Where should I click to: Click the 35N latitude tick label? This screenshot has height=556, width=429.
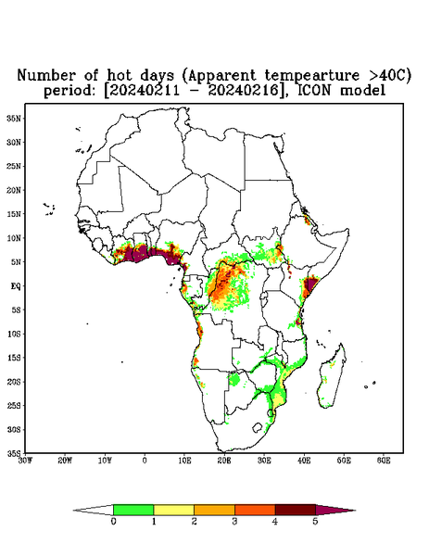(14, 118)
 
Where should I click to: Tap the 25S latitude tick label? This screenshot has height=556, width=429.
(14, 405)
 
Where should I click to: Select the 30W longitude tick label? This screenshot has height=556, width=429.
(25, 461)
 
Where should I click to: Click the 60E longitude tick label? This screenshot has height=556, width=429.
(384, 461)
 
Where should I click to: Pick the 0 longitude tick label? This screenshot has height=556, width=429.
(145, 461)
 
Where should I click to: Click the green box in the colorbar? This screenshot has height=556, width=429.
(133, 510)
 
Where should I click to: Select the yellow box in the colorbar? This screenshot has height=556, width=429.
(173, 510)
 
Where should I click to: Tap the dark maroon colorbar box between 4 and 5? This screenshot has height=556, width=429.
(296, 510)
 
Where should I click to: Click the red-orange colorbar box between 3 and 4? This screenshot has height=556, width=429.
(255, 510)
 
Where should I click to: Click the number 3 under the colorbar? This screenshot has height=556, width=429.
(234, 522)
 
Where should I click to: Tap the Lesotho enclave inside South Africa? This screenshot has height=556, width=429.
(258, 427)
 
